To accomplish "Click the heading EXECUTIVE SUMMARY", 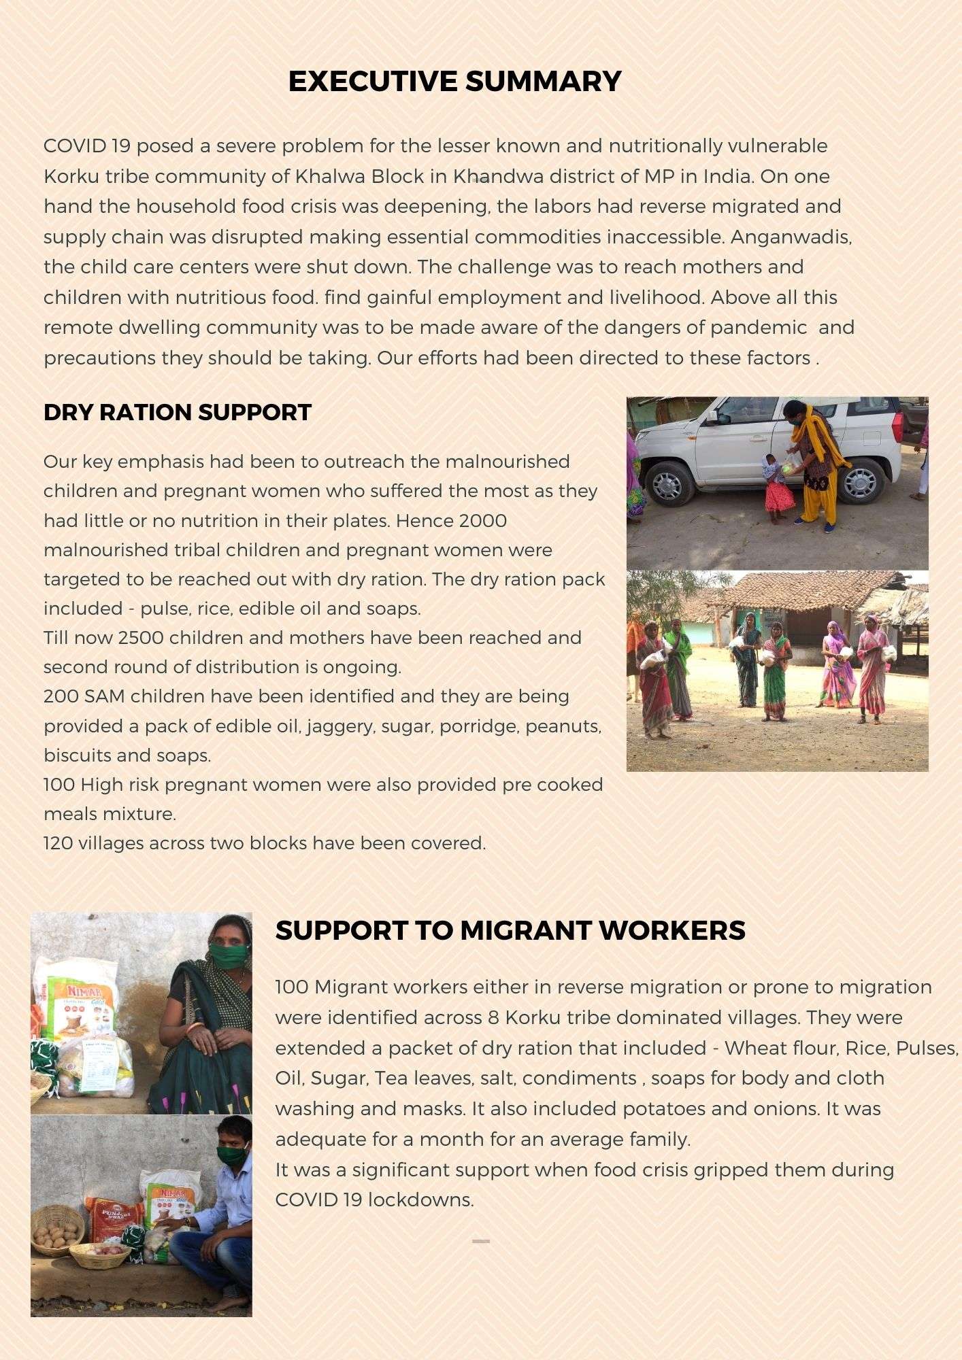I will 454,81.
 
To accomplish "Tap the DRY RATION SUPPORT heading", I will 178,412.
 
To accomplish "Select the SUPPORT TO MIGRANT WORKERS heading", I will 510,930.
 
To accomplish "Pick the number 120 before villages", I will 59,843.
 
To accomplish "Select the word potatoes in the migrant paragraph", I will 664,1108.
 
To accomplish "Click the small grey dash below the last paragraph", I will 481,1241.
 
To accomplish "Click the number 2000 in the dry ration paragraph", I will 482,521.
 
